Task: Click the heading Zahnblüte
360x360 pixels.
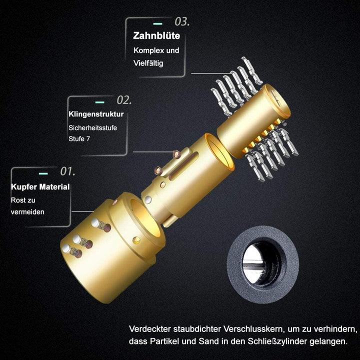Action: (156, 36)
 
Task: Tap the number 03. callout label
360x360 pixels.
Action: (182, 21)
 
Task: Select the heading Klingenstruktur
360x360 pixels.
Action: (96, 114)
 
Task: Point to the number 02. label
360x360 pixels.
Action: (124, 100)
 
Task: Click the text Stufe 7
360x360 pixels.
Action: (79, 138)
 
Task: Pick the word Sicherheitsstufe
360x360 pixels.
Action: (93, 127)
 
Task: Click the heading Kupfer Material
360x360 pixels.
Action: (40, 186)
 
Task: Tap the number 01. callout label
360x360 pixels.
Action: (67, 171)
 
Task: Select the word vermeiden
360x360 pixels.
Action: (27, 211)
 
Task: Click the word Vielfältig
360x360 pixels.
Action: (148, 63)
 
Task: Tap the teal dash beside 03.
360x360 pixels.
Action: (157, 23)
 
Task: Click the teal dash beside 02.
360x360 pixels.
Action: (99, 102)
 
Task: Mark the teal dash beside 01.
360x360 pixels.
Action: (43, 173)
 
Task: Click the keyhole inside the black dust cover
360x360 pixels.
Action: (262, 264)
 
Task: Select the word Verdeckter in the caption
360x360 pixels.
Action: (150, 329)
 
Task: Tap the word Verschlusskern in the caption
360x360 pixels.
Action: (253, 329)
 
